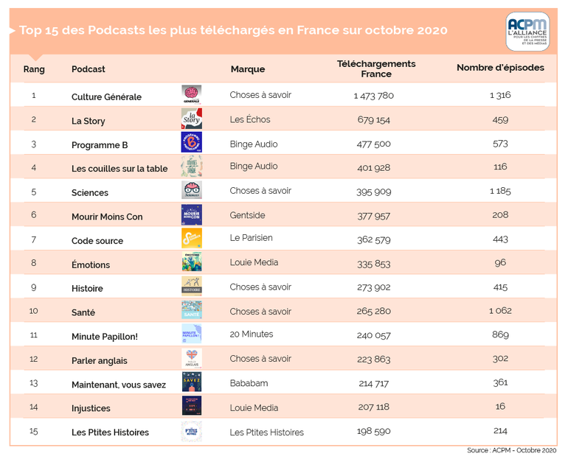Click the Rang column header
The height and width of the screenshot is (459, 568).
(x=34, y=69)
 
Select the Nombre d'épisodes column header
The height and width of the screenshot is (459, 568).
(x=500, y=68)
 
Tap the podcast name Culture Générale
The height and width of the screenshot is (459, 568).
(x=106, y=97)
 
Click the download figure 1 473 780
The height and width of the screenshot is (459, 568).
(x=374, y=96)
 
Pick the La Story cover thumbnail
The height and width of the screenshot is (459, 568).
(x=192, y=119)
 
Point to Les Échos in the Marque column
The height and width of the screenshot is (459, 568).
(x=250, y=119)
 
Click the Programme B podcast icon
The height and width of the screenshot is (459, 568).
(x=192, y=143)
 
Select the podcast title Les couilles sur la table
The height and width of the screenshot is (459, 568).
(x=120, y=168)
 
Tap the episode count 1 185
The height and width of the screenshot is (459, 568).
(x=500, y=192)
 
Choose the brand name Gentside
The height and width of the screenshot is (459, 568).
(x=248, y=215)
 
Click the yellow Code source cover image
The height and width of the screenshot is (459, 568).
(x=192, y=239)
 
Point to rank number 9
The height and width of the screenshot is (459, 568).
(x=34, y=288)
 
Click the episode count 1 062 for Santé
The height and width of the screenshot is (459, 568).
(x=500, y=311)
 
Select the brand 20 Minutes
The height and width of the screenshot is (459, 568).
(x=252, y=334)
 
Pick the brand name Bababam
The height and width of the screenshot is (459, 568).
(x=249, y=384)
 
